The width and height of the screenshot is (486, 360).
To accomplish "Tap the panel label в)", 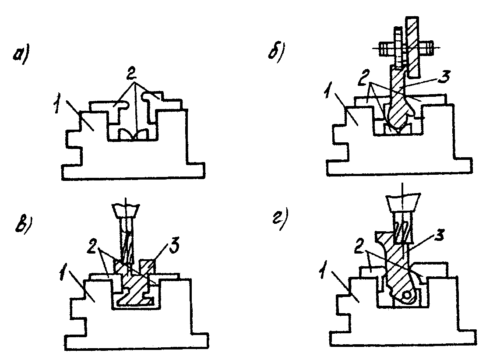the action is pyautogui.click(x=23, y=225).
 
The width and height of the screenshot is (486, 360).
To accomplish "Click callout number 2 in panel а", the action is pyautogui.click(x=131, y=74).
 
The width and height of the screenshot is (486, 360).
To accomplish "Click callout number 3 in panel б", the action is pyautogui.click(x=444, y=76).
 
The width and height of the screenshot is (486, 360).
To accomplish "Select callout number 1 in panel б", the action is pyautogui.click(x=328, y=91).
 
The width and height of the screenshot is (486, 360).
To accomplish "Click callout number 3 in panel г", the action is pyautogui.click(x=439, y=235).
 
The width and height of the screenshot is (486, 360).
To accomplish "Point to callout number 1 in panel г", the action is pyautogui.click(x=323, y=272).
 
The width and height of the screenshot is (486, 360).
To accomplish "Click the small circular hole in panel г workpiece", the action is pyautogui.click(x=406, y=295).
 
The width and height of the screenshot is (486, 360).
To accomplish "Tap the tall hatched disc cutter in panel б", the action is pyautogui.click(x=412, y=48).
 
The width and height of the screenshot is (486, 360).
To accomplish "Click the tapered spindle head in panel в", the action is pyautogui.click(x=126, y=212).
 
